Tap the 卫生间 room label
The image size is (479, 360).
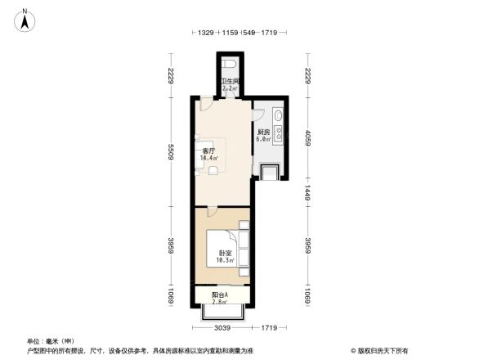coord(230,81)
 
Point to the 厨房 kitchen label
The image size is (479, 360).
coord(263,133)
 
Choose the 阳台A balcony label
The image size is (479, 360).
coord(220,295)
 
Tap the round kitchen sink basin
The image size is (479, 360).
coord(279,116)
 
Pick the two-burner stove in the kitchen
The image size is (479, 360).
coord(279,135)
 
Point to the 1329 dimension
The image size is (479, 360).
coord(206,32)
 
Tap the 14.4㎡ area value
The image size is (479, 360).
coord(209,159)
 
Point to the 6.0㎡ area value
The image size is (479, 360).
coord(263,140)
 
